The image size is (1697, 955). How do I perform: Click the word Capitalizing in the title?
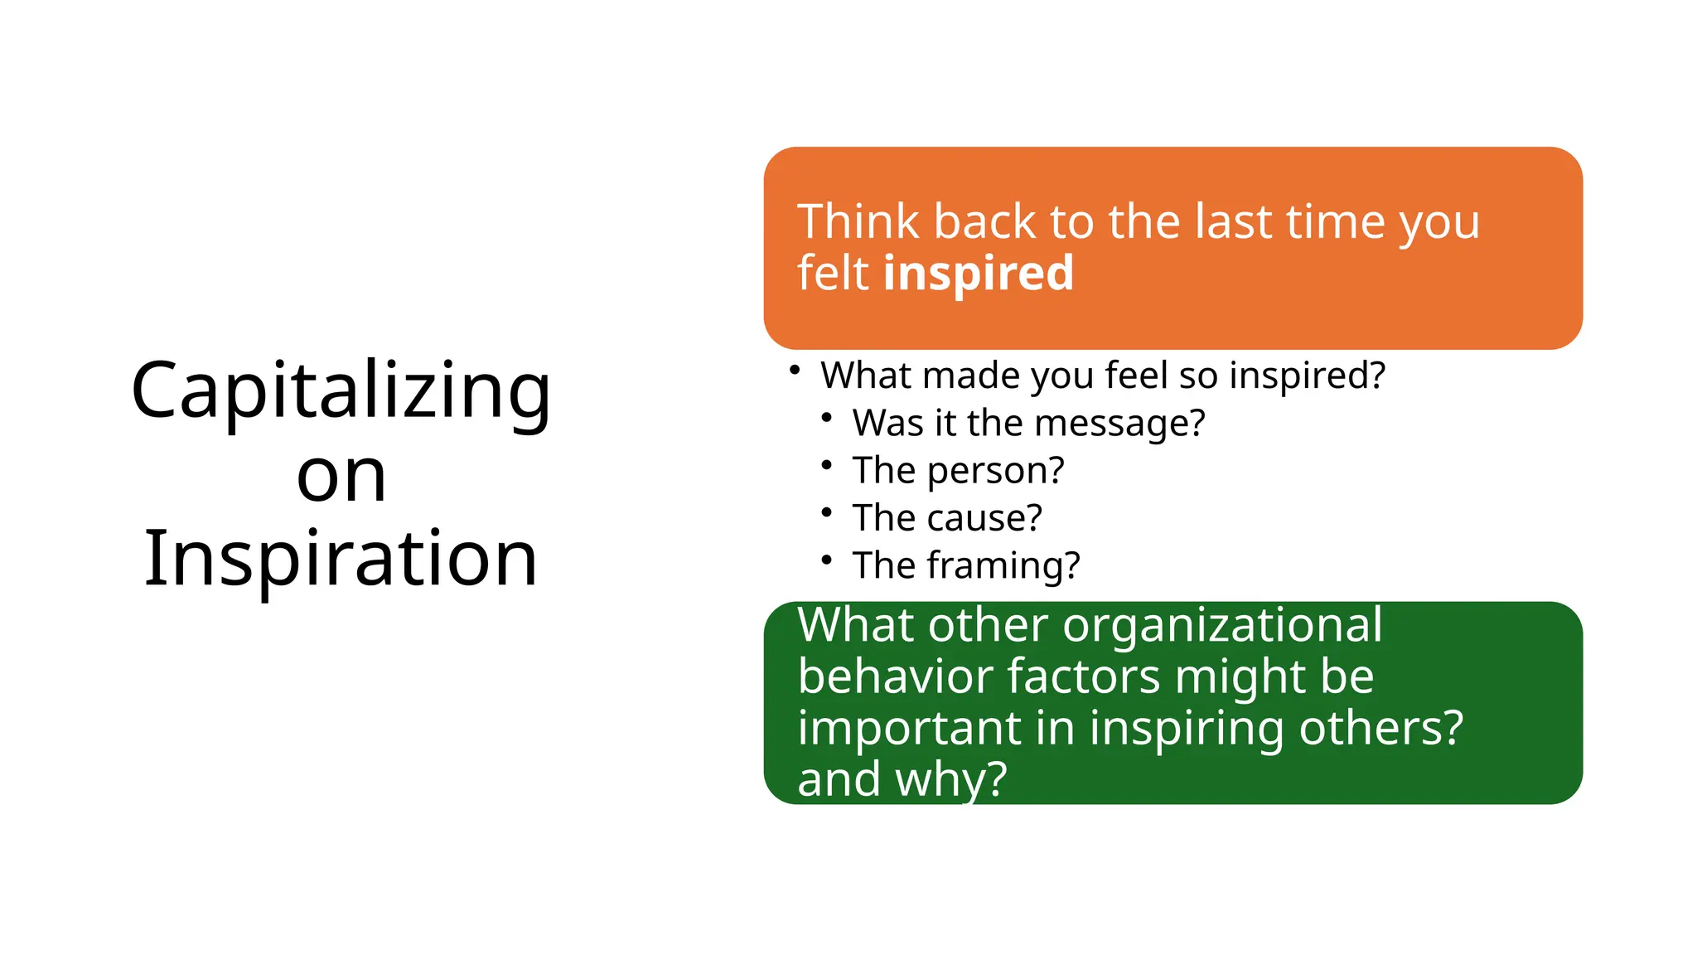pyautogui.click(x=341, y=391)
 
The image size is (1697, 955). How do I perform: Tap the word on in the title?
pyautogui.click(x=341, y=477)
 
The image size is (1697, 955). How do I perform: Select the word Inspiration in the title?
pyautogui.click(x=341, y=560)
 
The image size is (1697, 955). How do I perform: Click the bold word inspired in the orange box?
pyautogui.click(x=978, y=274)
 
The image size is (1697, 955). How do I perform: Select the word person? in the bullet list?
pyautogui.click(x=995, y=471)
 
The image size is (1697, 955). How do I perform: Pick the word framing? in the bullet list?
pyautogui.click(x=1003, y=565)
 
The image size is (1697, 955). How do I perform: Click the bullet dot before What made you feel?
pyautogui.click(x=795, y=370)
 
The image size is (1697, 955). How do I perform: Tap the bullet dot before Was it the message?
pyautogui.click(x=826, y=418)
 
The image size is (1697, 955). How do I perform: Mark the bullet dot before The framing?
pyautogui.click(x=826, y=560)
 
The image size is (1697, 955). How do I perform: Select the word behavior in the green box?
pyautogui.click(x=895, y=676)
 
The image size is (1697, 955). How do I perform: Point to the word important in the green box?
pyautogui.click(x=909, y=728)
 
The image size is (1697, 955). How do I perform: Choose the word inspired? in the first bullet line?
pyautogui.click(x=1307, y=376)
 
